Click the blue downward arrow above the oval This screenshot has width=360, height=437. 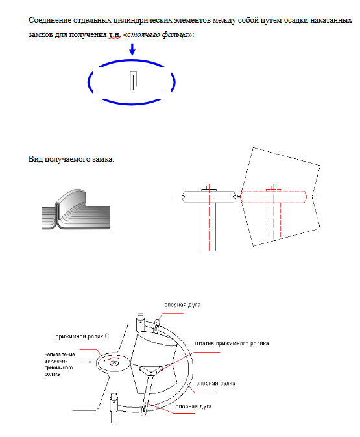[x=132, y=49]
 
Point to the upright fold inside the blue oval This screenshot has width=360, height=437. [x=133, y=81]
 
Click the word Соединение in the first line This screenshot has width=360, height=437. [x=50, y=20]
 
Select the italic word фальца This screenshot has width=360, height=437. [x=174, y=35]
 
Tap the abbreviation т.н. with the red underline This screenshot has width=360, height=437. [x=114, y=35]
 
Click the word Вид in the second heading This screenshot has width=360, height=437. [x=36, y=159]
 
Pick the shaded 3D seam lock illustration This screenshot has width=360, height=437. [x=76, y=209]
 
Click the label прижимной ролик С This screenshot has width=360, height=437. [x=82, y=336]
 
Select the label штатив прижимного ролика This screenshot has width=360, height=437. [x=232, y=343]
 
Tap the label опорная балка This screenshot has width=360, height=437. [x=215, y=383]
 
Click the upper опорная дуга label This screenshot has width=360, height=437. [x=182, y=305]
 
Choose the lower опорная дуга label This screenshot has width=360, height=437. [x=193, y=406]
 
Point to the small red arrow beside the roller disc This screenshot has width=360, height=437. [x=87, y=362]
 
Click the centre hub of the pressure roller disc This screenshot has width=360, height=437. [x=114, y=364]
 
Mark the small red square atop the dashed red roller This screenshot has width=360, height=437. [x=274, y=188]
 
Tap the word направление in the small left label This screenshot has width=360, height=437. [x=60, y=355]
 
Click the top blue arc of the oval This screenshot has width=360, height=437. [x=132, y=62]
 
